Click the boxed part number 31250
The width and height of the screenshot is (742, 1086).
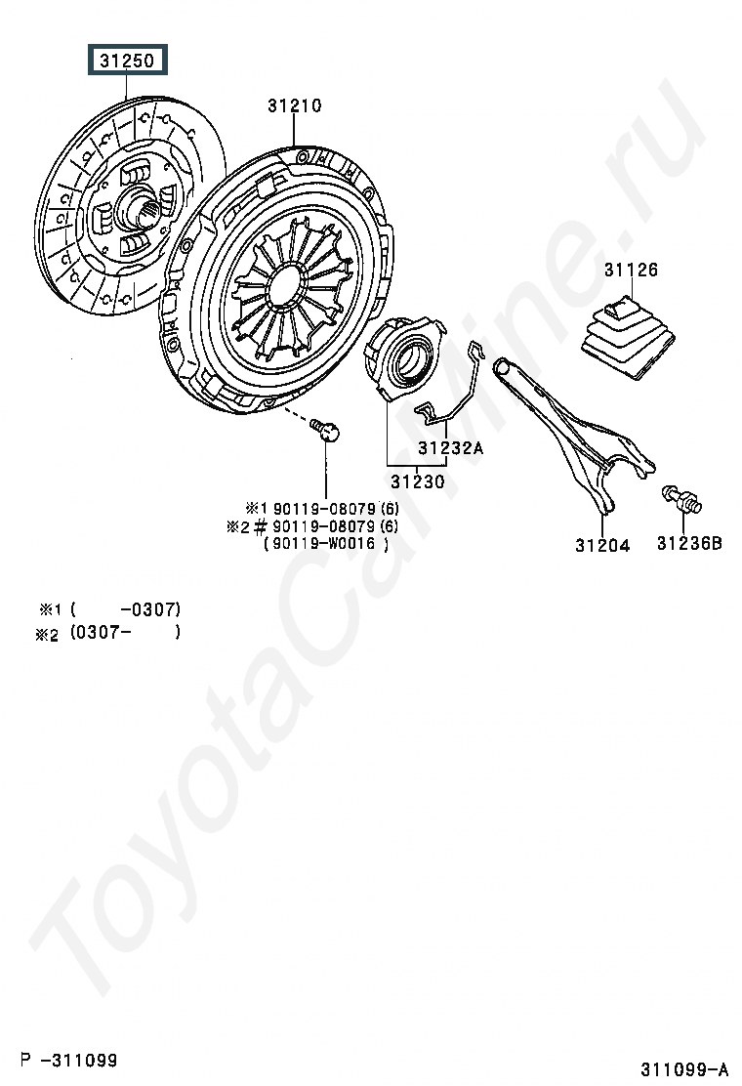click(x=128, y=62)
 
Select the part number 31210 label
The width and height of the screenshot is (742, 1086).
click(x=294, y=105)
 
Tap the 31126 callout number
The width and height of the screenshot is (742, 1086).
click(x=630, y=270)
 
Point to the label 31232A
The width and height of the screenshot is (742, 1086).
click(x=451, y=448)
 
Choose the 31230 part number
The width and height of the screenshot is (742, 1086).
click(x=417, y=480)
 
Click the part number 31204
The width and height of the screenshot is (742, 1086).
click(x=601, y=545)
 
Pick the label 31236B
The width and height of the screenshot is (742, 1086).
click(x=688, y=544)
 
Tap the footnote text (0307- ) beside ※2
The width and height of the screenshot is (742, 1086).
click(x=125, y=632)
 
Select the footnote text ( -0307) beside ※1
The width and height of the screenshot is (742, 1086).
click(x=125, y=608)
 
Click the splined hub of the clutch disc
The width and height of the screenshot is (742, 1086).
click(x=133, y=208)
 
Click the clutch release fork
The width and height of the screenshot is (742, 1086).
click(x=576, y=431)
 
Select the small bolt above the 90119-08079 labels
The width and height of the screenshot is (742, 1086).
click(x=326, y=430)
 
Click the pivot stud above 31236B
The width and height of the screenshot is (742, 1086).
click(x=681, y=498)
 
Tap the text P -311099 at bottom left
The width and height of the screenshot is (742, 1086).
click(x=69, y=1059)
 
